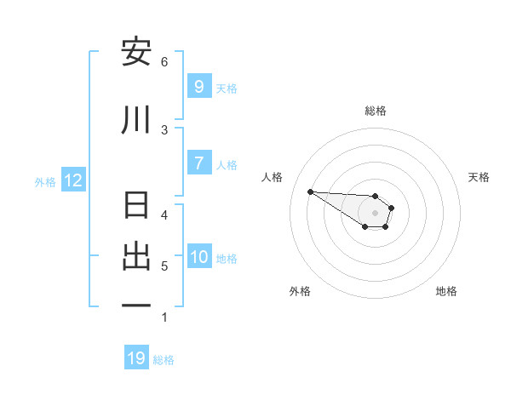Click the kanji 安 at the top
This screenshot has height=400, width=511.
pyautogui.click(x=136, y=53)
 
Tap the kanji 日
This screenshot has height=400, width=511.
pyautogui.click(x=136, y=207)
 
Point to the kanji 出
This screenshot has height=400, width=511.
pyautogui.click(x=136, y=256)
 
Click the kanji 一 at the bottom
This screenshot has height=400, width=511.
pyautogui.click(x=136, y=306)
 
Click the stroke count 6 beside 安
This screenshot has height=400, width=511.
pyautogui.click(x=164, y=61)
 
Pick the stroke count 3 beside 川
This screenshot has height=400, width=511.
pyautogui.click(x=164, y=129)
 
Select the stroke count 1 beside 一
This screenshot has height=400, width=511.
pyautogui.click(x=164, y=317)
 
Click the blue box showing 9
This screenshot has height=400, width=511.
pyautogui.click(x=198, y=86)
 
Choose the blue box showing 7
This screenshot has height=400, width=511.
pyautogui.click(x=198, y=163)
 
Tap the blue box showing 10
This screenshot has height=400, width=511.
pyautogui.click(x=198, y=257)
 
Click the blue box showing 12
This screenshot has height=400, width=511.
pyautogui.click(x=72, y=180)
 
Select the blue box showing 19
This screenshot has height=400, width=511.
pyautogui.click(x=136, y=358)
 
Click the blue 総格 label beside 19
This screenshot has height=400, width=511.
pyautogui.click(x=164, y=360)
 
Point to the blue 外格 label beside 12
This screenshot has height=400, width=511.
pyautogui.click(x=45, y=181)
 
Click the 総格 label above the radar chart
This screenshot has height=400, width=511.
pyautogui.click(x=375, y=111)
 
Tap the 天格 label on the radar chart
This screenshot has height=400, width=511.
pyautogui.click(x=479, y=177)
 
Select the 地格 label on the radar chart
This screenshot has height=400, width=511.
pyautogui.click(x=446, y=291)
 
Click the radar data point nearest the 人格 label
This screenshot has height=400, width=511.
pyautogui.click(x=310, y=191)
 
